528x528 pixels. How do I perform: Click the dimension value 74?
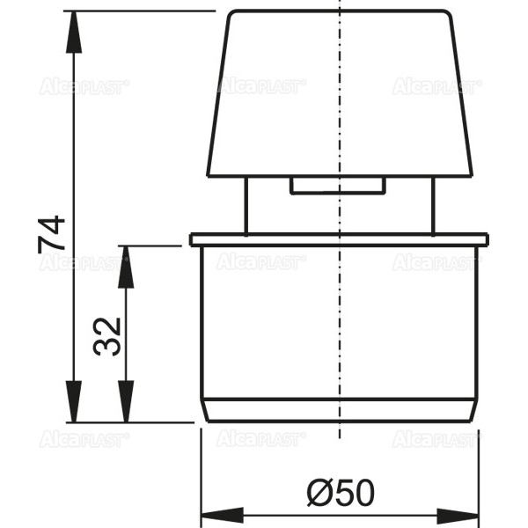coord(52,234)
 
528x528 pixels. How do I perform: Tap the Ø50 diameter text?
coord(341,492)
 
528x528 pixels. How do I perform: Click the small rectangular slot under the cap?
coord(338,186)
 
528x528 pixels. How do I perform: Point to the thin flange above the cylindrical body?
coord(338,239)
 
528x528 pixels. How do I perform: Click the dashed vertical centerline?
coord(339,308)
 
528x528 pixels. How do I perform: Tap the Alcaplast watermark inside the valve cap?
coord(261,86)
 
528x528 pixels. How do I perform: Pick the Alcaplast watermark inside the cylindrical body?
coord(261,262)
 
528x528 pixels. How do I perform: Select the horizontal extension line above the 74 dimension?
coord(141,11)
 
